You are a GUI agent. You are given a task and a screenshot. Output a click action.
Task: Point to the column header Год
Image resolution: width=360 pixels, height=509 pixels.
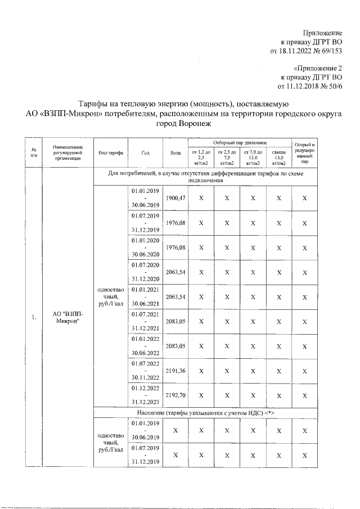click(146, 153)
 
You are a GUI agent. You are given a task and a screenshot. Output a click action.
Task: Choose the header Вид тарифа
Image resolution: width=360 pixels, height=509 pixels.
click(110, 153)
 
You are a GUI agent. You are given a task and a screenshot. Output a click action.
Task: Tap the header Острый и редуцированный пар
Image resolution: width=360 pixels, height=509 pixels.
click(305, 153)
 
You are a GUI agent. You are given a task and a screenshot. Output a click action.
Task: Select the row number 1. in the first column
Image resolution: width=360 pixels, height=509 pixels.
click(34, 318)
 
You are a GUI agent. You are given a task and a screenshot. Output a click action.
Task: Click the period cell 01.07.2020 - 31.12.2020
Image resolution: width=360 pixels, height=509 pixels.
click(146, 272)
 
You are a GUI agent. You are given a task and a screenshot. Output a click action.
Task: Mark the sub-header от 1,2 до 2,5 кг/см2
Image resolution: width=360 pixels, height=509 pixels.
click(201, 157)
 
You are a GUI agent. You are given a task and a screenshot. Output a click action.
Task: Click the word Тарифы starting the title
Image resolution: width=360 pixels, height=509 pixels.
click(93, 103)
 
